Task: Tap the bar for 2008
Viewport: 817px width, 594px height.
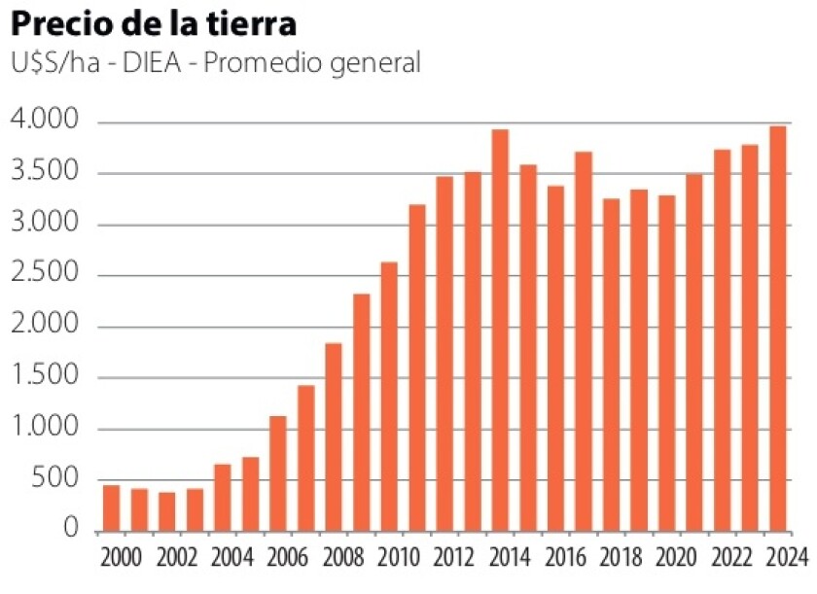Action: pyautogui.click(x=334, y=437)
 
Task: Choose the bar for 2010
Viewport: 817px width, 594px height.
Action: pyautogui.click(x=389, y=398)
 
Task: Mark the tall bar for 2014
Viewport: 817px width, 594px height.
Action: pyautogui.click(x=500, y=331)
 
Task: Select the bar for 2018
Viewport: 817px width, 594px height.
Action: pyautogui.click(x=612, y=366)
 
